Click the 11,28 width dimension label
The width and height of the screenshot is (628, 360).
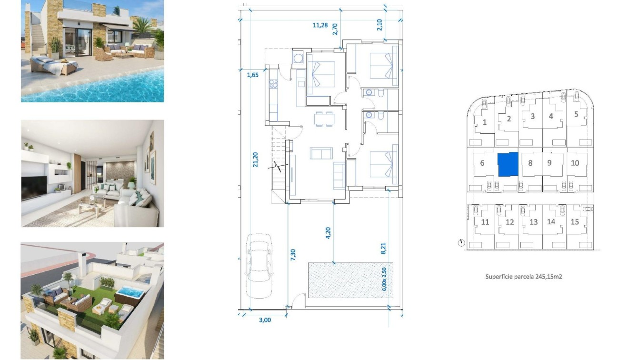pos(320,26)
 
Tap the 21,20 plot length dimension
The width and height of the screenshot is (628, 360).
pos(256,160)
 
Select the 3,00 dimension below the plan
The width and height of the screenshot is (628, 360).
pos(265,320)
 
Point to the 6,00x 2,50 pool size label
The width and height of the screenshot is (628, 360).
pos(385,280)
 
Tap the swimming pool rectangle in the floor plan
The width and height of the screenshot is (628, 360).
pos(350,280)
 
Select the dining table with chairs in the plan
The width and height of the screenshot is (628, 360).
pos(324,118)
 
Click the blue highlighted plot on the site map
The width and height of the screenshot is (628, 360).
pos(507,164)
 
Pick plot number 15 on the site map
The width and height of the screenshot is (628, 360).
pos(575,222)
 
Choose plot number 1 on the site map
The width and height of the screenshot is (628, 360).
pos(485,122)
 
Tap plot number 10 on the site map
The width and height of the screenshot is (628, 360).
pos(575,163)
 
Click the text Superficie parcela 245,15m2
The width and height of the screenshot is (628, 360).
pos(523,276)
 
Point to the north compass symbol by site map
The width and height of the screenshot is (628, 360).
pos(461,243)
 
